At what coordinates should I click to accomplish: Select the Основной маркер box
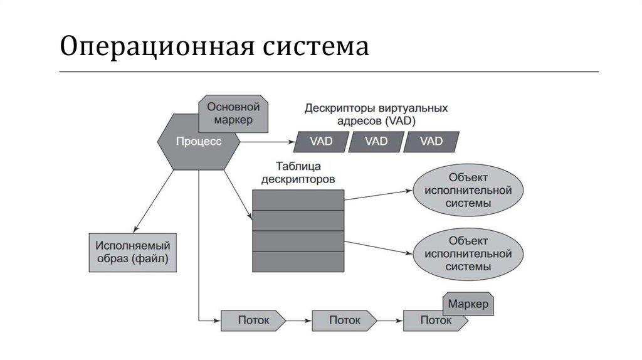pyautogui.click(x=233, y=112)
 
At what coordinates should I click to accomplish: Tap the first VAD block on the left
pyautogui.click(x=320, y=141)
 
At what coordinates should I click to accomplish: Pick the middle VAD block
pyautogui.click(x=375, y=141)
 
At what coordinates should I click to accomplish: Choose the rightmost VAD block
pyautogui.click(x=431, y=141)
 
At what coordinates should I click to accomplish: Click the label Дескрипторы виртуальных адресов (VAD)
pyautogui.click(x=376, y=114)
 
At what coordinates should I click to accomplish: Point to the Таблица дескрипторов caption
pyautogui.click(x=298, y=172)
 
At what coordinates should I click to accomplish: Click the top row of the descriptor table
pyautogui.click(x=298, y=199)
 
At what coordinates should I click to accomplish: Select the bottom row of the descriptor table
pyautogui.click(x=298, y=261)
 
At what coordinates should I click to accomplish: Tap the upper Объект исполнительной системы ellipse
pyautogui.click(x=468, y=189)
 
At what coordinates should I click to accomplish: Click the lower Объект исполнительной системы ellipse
pyautogui.click(x=468, y=253)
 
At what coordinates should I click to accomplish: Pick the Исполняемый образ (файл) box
pyautogui.click(x=132, y=251)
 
